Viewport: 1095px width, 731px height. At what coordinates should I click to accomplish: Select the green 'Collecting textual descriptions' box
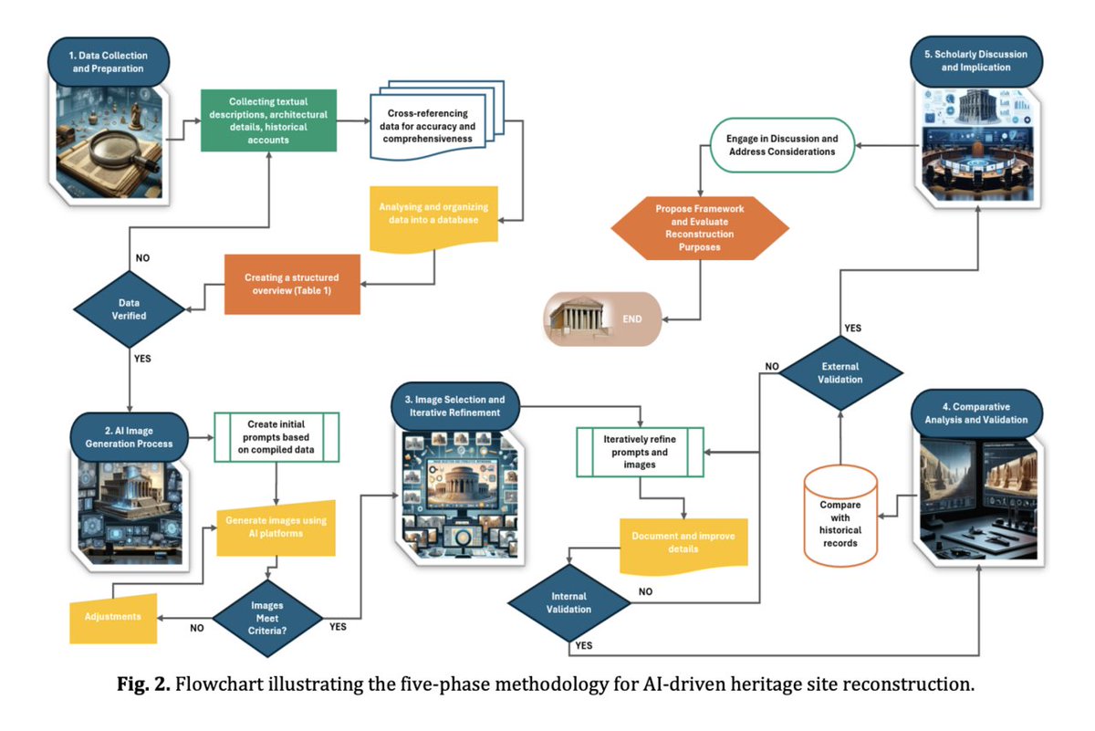pyautogui.click(x=268, y=121)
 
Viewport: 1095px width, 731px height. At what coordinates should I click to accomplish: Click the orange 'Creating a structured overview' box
pyautogui.click(x=292, y=283)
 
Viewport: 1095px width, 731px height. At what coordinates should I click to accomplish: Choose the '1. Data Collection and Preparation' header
pyautogui.click(x=107, y=61)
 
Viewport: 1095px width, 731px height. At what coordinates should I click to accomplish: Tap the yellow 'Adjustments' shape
pyautogui.click(x=114, y=616)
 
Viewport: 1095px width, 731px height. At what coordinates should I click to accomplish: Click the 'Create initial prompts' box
pyautogui.click(x=276, y=436)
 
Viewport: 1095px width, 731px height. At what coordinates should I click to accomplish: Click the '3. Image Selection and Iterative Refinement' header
pyautogui.click(x=454, y=406)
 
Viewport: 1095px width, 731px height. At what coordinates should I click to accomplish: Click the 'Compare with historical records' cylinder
pyautogui.click(x=840, y=517)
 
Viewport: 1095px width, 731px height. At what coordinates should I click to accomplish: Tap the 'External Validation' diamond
pyautogui.click(x=839, y=372)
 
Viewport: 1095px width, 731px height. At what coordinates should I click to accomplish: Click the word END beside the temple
pyautogui.click(x=631, y=319)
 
